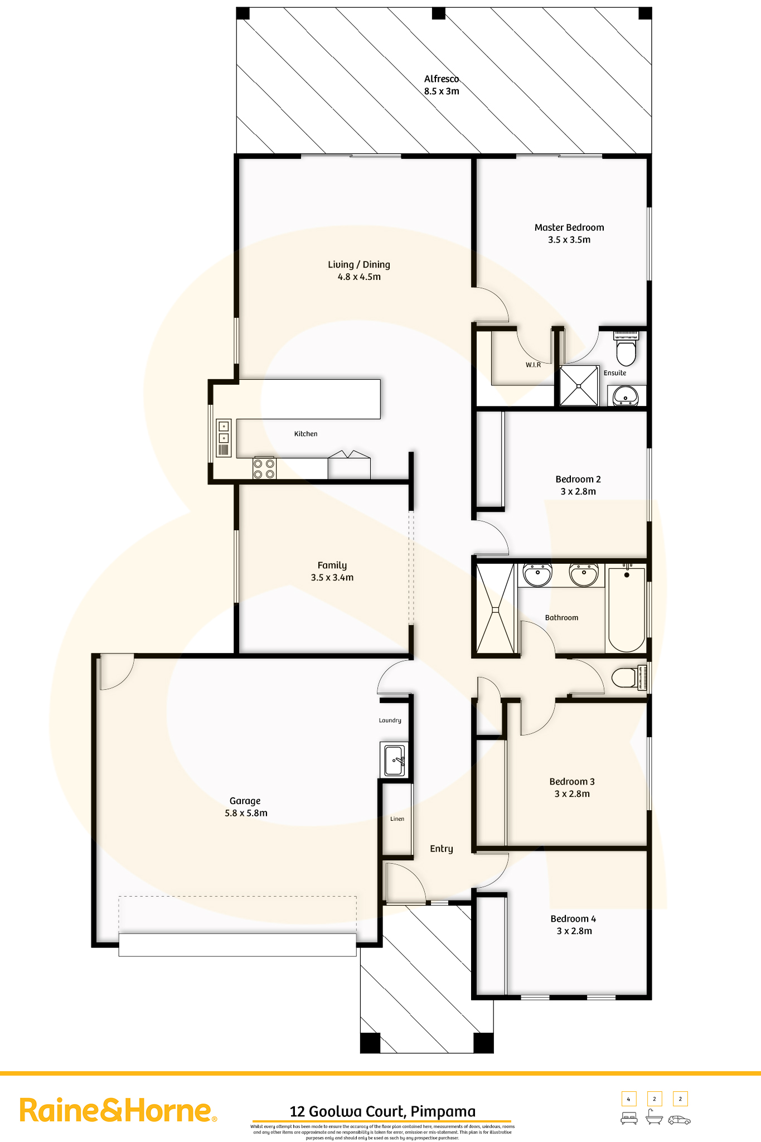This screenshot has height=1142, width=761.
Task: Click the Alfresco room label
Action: (x=441, y=79)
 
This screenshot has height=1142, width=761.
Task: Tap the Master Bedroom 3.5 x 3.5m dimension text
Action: (x=569, y=240)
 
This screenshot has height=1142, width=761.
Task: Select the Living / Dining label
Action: (x=359, y=264)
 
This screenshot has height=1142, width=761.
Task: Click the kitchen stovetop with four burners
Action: (x=264, y=468)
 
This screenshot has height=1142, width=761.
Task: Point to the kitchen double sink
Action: (x=224, y=438)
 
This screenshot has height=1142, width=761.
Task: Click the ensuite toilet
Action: (x=626, y=348)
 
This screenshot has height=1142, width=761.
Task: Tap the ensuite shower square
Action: (x=579, y=386)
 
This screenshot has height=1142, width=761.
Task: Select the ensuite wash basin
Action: (x=626, y=396)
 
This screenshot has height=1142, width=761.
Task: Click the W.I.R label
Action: (x=533, y=365)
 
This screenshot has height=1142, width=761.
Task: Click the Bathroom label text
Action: (x=561, y=617)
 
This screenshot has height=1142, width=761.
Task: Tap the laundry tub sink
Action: (x=394, y=759)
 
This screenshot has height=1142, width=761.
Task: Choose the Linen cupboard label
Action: (x=398, y=819)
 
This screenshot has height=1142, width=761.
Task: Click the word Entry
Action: (x=442, y=849)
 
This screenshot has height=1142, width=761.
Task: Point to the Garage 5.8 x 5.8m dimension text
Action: (x=246, y=813)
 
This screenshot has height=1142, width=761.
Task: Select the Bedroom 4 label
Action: (x=573, y=918)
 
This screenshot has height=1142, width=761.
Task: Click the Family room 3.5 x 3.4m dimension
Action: (x=332, y=578)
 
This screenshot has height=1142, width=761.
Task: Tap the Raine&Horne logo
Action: (x=118, y=1110)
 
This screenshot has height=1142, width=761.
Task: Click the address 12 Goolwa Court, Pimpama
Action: (x=382, y=1111)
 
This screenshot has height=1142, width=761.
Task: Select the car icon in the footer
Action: (x=679, y=1120)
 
